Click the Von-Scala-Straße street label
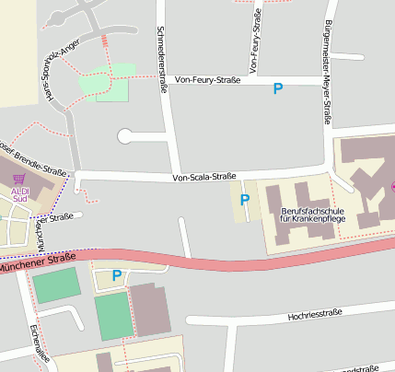click(205, 177)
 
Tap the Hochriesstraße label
click(315, 313)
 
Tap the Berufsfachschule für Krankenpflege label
click(310, 215)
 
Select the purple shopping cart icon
click(18, 178)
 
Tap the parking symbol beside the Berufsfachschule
click(245, 199)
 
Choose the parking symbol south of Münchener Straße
click(116, 274)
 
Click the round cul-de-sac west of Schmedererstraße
click(126, 136)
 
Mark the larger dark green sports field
click(114, 317)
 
